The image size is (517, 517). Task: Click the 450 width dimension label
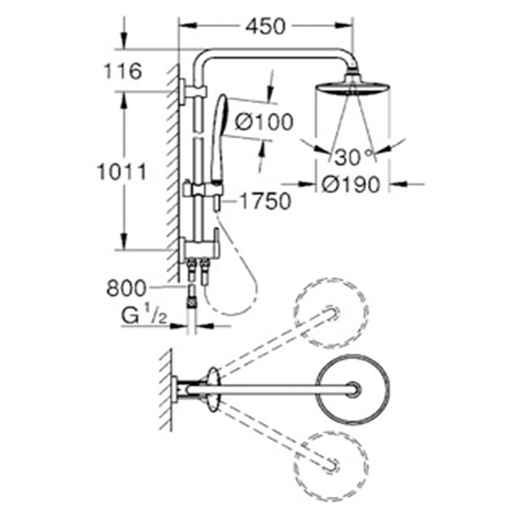point(266,28)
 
